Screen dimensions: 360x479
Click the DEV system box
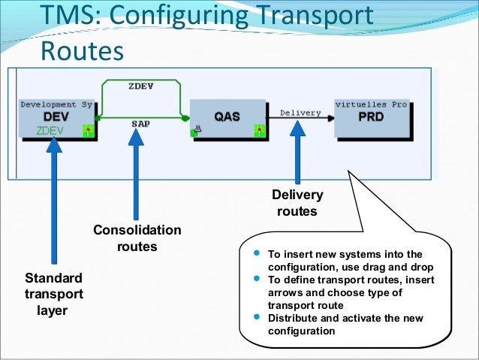click(x=57, y=118)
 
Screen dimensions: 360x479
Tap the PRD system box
click(x=372, y=118)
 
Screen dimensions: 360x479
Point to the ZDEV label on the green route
click(x=141, y=86)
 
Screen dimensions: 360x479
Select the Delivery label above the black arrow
click(x=300, y=113)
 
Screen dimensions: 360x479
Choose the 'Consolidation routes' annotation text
click(x=137, y=237)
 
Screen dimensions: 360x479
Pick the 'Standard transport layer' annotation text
click(x=54, y=293)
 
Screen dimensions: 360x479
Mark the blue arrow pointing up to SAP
click(x=137, y=173)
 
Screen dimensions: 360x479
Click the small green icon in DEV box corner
click(x=88, y=131)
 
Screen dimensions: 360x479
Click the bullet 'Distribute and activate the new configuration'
click(x=345, y=324)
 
